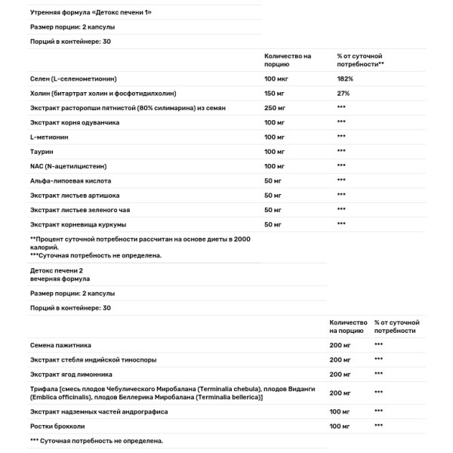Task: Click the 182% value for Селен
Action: pyautogui.click(x=344, y=79)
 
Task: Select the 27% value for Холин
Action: pyautogui.click(x=342, y=93)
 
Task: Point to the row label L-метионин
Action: pyautogui.click(x=48, y=136)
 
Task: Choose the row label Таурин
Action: pyautogui.click(x=42, y=151)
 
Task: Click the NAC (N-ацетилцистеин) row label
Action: pyautogui.click(x=68, y=165)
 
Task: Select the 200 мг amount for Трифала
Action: pyautogui.click(x=341, y=393)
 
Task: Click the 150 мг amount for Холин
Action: pyautogui.click(x=275, y=93)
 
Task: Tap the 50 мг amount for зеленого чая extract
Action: pyautogui.click(x=273, y=209)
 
